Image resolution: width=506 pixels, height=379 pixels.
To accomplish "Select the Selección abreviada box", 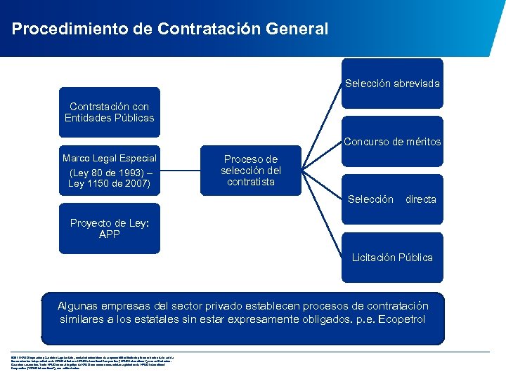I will [392, 84].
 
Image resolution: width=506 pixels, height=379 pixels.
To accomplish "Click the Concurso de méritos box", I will [392, 142].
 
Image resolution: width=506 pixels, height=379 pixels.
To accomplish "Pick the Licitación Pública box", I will [392, 258].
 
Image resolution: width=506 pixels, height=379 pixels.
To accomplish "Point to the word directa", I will [420, 199].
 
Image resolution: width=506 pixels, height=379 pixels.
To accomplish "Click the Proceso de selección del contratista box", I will [250, 171].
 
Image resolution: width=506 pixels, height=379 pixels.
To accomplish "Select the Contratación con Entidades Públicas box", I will [109, 112].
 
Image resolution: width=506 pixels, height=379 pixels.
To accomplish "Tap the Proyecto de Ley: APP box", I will [109, 229].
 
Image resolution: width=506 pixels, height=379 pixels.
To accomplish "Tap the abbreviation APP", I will [109, 234].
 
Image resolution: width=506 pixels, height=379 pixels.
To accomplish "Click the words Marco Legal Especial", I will [109, 158].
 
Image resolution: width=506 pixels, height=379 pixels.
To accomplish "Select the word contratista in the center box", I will [250, 182].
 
